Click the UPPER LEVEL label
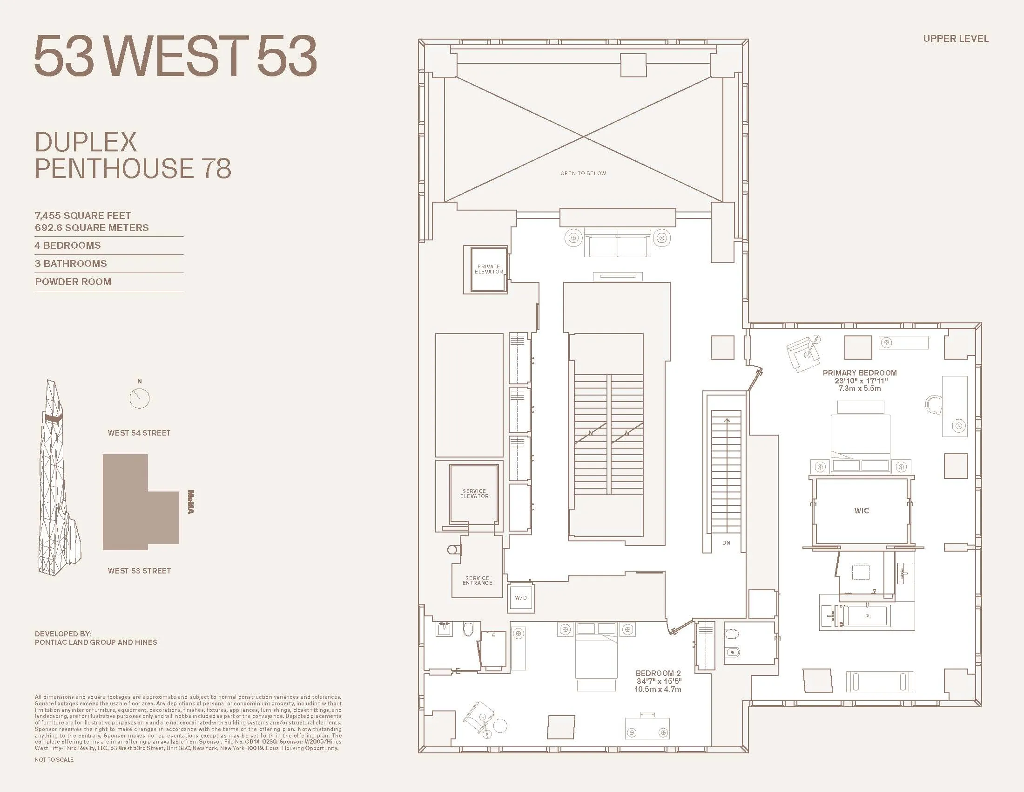coord(956,39)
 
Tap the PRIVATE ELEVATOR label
coord(489,269)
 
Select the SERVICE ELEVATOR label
coord(474,493)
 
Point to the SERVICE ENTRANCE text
coord(477,580)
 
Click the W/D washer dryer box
coord(521,598)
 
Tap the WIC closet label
coord(861,511)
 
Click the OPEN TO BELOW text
coord(583,174)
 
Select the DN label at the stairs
coord(726,543)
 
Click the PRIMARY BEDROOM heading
coord(859,373)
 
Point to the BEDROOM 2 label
coord(658,673)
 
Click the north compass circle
coord(139,398)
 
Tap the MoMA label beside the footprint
coord(191,502)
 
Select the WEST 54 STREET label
coord(139,433)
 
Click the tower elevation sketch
coord(56,478)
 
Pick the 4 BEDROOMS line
coord(67,246)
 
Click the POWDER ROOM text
coord(73,282)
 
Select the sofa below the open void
coord(617,243)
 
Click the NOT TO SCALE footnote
coord(54,760)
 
